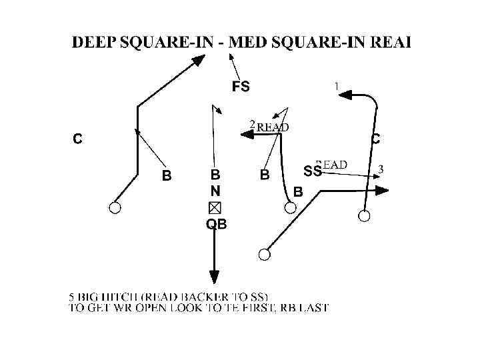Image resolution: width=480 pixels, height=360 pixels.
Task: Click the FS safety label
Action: tap(241, 86)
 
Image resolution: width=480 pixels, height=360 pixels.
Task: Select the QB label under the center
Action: tap(216, 225)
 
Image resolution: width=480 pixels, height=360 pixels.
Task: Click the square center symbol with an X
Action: tap(215, 207)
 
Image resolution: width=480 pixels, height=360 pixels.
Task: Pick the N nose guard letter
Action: tap(215, 191)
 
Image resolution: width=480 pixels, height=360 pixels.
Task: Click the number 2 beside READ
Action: tap(252, 124)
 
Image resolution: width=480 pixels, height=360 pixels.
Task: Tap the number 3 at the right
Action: tap(380, 169)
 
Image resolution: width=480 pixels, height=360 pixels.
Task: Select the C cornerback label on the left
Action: tap(78, 139)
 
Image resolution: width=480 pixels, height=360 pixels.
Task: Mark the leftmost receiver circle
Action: tap(115, 208)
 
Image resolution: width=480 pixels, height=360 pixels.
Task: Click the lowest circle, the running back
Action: tap(265, 254)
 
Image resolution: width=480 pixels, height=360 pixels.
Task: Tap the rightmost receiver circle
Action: tap(364, 215)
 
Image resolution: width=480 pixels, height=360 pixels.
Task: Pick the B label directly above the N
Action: tap(215, 175)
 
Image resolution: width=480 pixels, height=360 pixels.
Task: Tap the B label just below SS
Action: tap(298, 193)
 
